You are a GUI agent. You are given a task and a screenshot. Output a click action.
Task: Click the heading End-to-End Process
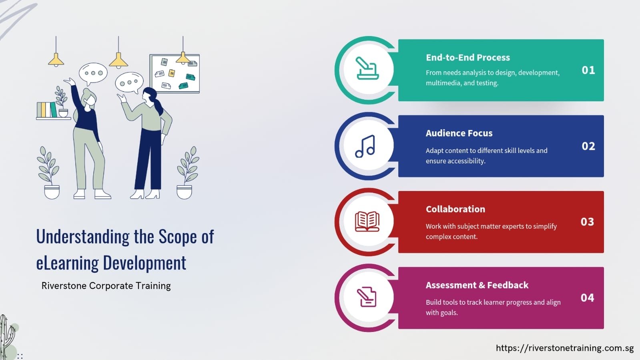tap(467, 58)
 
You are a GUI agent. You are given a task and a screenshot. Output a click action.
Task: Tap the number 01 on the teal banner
tap(588, 70)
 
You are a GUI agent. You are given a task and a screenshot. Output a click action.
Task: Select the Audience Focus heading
tap(459, 133)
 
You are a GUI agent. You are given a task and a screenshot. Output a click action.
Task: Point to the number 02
tap(588, 146)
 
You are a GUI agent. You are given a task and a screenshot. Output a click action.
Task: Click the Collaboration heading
tap(455, 209)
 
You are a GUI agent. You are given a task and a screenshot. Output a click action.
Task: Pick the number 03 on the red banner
tap(587, 222)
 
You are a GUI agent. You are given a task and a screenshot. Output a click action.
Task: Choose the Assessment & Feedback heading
tap(477, 285)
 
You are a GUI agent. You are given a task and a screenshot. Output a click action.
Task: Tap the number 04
tap(587, 298)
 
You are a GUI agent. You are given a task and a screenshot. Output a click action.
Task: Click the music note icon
tap(365, 146)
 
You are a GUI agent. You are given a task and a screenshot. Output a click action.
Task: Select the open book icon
tap(367, 221)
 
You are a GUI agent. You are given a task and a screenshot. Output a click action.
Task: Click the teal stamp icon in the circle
tap(367, 68)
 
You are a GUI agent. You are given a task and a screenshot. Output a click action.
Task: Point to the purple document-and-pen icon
tap(367, 297)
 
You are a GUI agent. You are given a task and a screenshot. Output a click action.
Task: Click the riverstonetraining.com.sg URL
tap(564, 348)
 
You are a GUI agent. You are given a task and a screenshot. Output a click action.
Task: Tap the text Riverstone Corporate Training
tap(106, 286)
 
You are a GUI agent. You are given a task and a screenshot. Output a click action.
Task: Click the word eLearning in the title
tap(67, 263)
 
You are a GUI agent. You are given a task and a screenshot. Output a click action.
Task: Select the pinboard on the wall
tap(175, 74)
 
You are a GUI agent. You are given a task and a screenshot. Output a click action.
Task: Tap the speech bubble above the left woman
tap(93, 73)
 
